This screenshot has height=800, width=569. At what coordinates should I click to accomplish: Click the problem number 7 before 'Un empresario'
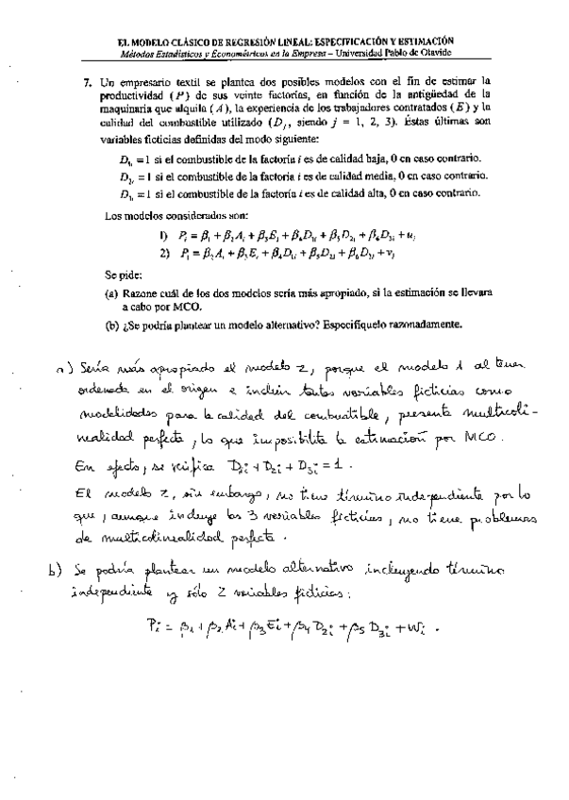point(87,83)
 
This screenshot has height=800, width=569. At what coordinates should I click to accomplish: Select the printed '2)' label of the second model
point(163,252)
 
